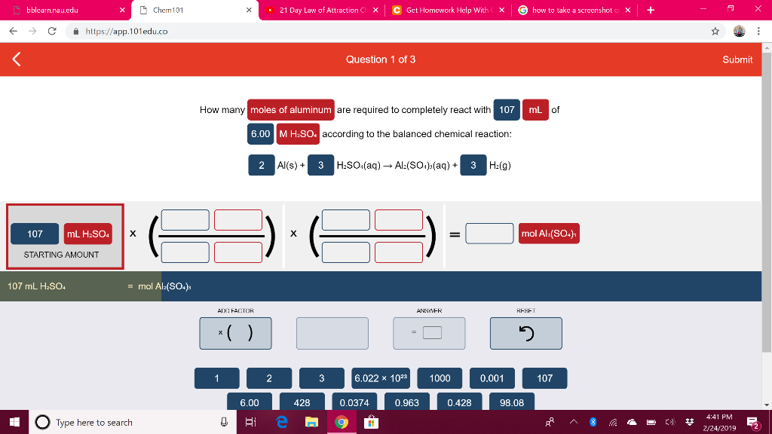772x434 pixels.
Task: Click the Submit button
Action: (x=737, y=60)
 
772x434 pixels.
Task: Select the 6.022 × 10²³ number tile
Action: (x=387, y=378)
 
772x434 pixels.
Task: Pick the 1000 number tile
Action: (x=440, y=378)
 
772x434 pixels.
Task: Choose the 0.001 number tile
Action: (x=492, y=378)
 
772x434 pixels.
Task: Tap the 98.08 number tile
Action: (x=512, y=402)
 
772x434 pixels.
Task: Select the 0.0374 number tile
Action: (x=354, y=402)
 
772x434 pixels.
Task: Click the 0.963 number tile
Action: (x=406, y=402)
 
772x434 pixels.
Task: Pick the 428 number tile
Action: (x=302, y=402)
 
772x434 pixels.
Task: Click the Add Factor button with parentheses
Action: (x=235, y=333)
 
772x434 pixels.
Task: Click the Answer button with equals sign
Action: (x=429, y=333)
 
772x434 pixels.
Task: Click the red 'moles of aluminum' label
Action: (x=290, y=110)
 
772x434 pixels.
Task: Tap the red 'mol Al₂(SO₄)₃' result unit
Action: (x=549, y=234)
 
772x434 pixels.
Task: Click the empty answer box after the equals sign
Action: (x=489, y=234)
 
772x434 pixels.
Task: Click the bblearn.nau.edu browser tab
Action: (x=60, y=11)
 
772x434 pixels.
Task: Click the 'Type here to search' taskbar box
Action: (x=121, y=422)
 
